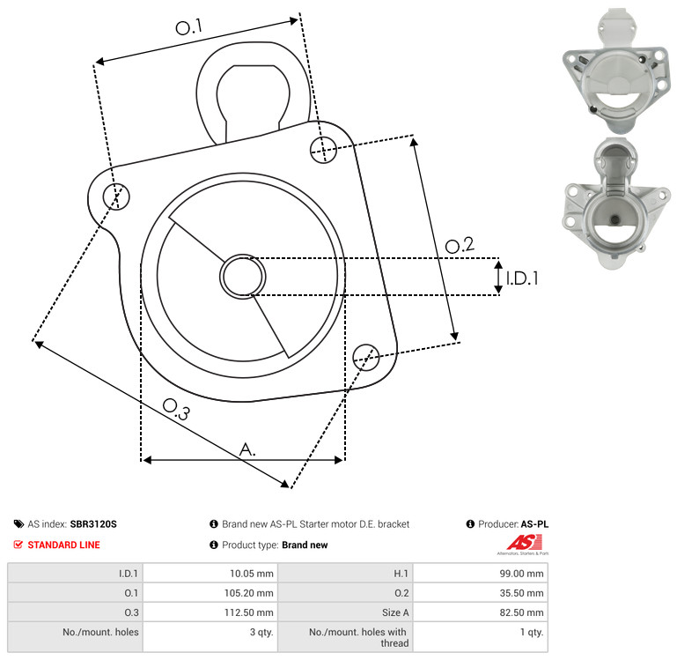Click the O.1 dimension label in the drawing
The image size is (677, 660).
pos(188,27)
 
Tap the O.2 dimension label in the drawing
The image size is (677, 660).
pos(460,245)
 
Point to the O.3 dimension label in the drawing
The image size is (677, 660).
pos(176,410)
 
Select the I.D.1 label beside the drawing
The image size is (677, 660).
pos(522,278)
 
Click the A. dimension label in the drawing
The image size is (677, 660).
pos(247,449)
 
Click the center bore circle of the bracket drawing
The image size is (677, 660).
pos(243,277)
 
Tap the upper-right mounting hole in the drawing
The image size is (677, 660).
pos(323,150)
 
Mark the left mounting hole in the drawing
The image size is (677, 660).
pos(116,197)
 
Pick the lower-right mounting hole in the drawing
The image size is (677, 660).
pos(366,357)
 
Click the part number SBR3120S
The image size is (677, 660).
pos(93,523)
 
